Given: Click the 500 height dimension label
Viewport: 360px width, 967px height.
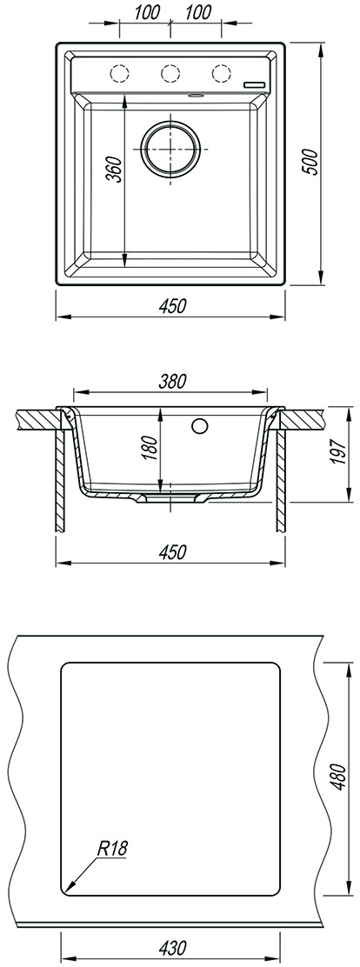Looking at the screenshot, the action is [312, 163].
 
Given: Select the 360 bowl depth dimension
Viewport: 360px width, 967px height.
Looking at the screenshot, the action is [113, 170].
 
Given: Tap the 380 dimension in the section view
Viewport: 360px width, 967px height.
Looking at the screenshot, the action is [172, 382].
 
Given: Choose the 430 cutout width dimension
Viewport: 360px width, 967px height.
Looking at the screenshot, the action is [172, 947].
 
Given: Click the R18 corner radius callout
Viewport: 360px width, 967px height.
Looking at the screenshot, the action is [111, 849].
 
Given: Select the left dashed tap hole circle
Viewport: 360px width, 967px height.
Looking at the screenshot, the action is [119, 73].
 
